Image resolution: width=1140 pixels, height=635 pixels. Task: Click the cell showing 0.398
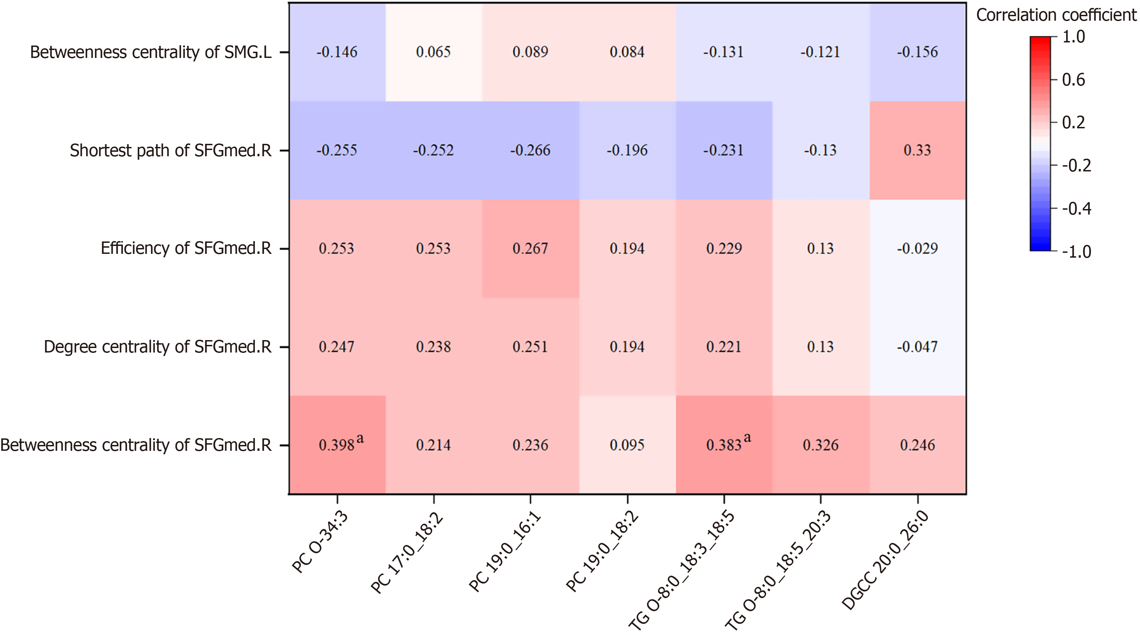tap(337, 445)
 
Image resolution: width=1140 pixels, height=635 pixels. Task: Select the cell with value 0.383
tap(724, 445)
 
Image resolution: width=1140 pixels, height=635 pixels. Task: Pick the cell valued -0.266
tap(530, 150)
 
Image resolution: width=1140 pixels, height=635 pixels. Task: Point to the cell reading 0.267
tap(530, 248)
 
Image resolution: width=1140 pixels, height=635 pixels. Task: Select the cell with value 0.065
tap(433, 52)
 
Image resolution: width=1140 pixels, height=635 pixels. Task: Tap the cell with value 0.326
tap(821, 445)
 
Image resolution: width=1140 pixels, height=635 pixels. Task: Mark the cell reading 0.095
tap(627, 445)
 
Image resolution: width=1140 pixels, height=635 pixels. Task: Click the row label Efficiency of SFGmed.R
tap(186, 248)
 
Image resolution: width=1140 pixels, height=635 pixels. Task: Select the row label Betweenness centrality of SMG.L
tap(150, 52)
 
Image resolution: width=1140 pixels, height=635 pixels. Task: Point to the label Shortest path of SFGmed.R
tap(170, 150)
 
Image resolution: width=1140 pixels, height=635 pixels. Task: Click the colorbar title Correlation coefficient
tap(1056, 15)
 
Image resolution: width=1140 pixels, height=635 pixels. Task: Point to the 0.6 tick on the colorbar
tap(1073, 80)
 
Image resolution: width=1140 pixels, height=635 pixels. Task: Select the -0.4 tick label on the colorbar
tap(1076, 208)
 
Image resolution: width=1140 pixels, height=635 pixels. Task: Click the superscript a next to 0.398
tap(360, 438)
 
